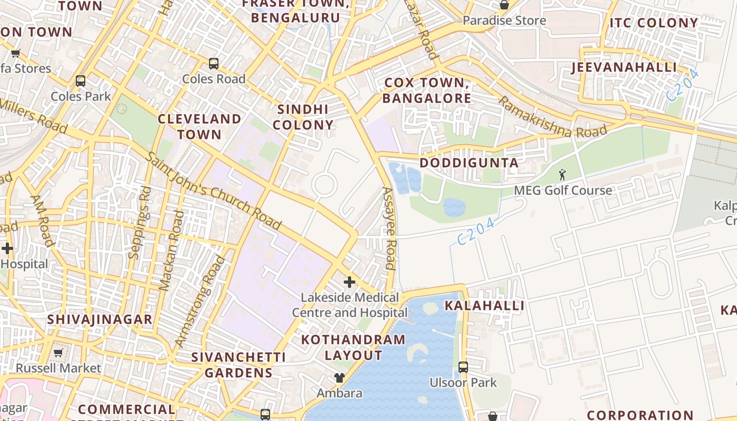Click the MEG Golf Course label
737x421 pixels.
[563, 191]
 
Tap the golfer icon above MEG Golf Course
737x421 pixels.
[562, 174]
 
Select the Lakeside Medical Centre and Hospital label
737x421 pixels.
[350, 305]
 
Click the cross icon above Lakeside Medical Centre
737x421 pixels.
[350, 283]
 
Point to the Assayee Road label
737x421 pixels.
[389, 228]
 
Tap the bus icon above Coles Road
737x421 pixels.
[214, 64]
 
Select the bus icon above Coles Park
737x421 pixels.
[81, 81]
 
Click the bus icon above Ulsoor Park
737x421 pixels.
[463, 367]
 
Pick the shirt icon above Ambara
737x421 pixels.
[340, 377]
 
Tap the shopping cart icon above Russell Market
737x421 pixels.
[58, 353]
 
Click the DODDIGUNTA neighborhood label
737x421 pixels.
[469, 163]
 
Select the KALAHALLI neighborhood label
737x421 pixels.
[484, 306]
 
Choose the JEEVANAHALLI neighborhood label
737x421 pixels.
[624, 67]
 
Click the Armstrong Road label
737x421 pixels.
[200, 301]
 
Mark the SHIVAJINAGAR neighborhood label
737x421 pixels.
[99, 319]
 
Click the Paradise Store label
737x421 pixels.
[504, 21]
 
